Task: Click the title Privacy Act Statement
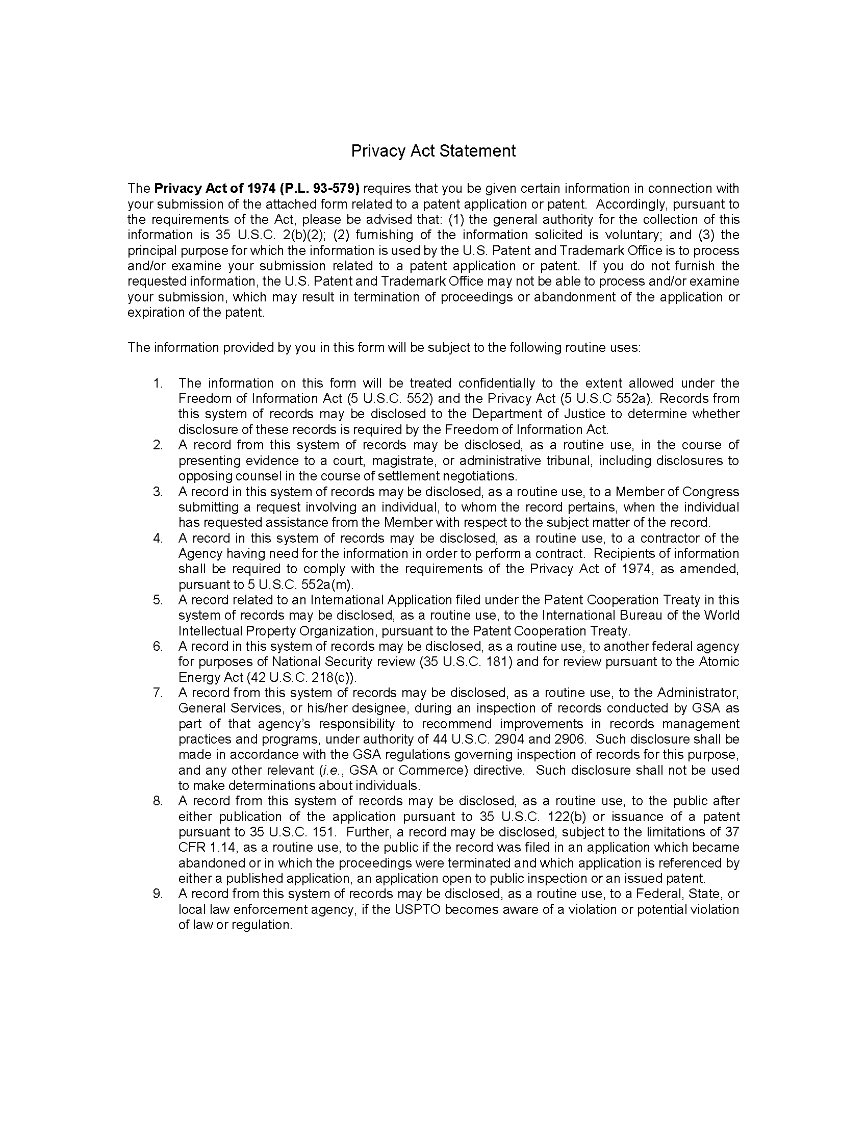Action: [x=433, y=151]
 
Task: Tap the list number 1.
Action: [x=158, y=383]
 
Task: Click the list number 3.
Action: [x=158, y=492]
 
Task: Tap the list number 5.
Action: [x=158, y=600]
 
